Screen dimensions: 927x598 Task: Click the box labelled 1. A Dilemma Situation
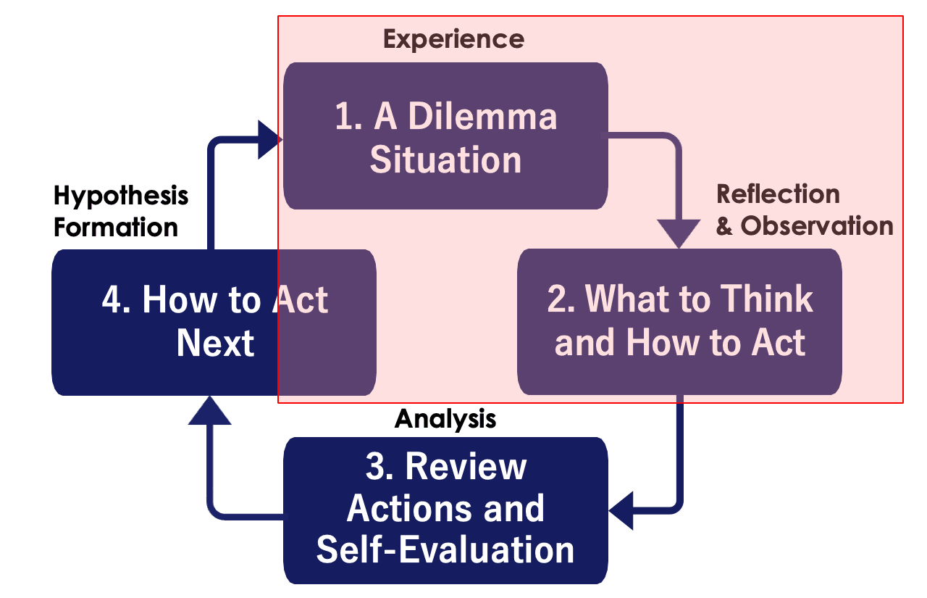(445, 136)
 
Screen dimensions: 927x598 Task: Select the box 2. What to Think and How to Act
(679, 322)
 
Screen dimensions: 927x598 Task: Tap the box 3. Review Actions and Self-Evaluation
(445, 510)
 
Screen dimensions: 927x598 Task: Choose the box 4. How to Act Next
(214, 322)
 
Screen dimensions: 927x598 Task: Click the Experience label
(453, 39)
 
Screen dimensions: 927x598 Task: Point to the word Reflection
(778, 194)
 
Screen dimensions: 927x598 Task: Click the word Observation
(817, 226)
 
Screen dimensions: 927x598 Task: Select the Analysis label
(445, 419)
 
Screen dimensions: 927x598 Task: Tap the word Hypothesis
(121, 196)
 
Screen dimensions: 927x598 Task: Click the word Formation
(116, 228)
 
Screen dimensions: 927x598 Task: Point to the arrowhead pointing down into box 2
(679, 233)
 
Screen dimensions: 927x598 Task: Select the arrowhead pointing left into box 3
(621, 511)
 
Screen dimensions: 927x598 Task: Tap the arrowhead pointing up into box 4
(209, 410)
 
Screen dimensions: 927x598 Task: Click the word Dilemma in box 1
(482, 117)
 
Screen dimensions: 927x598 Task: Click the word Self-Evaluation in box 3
(445, 549)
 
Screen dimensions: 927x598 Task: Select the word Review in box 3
(466, 466)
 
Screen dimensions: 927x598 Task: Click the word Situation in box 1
(445, 160)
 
